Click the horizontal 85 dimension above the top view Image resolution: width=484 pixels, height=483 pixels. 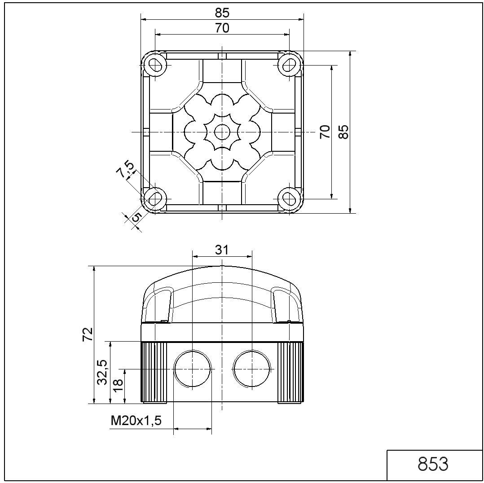[222, 13]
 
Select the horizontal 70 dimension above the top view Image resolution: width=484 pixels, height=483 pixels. [222, 28]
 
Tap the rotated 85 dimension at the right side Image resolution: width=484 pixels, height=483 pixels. [343, 132]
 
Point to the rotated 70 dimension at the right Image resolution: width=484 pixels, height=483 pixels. [325, 132]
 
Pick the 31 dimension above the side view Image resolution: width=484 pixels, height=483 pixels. [222, 250]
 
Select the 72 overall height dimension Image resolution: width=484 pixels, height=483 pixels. [88, 334]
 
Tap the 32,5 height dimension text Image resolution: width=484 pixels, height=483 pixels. [103, 372]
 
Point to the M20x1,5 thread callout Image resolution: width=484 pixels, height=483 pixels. [136, 421]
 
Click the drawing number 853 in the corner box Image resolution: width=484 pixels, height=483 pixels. [433, 465]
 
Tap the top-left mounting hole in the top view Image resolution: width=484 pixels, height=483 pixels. [155, 65]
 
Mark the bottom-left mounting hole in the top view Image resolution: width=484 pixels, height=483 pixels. [155, 198]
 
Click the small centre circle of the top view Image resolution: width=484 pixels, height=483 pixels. [222, 132]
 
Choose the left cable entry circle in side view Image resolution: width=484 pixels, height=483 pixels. [192, 369]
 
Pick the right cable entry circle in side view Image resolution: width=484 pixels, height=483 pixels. [252, 369]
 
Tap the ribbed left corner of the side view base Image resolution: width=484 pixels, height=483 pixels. [154, 372]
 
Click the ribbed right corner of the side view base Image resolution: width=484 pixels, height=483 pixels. [290, 372]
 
